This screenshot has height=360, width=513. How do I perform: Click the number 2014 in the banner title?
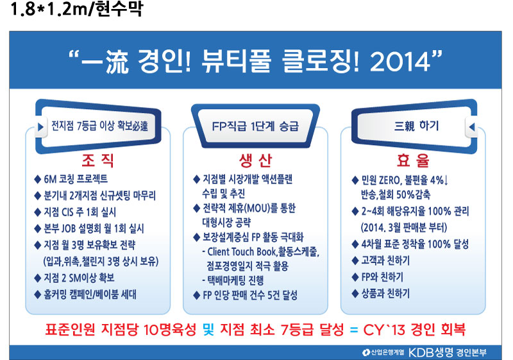pos(400,61)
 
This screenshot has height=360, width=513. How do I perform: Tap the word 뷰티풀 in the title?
pos(236,61)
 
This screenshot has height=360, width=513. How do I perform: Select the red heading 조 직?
pos(98,160)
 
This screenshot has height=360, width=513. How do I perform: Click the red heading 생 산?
pos(255,160)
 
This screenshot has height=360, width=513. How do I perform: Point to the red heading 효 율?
pos(413,160)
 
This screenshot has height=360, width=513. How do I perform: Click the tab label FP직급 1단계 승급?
pos(255,126)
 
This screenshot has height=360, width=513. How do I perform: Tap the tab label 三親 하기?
pos(416,125)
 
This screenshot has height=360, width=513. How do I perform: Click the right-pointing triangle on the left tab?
pos(40,126)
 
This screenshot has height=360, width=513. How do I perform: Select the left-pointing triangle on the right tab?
pos(472,126)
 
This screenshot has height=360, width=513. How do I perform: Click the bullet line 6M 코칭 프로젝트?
pos(76,178)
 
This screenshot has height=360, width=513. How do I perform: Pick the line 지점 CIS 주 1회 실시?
pos(80,212)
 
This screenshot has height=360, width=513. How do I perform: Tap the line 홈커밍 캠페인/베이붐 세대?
pos(90,294)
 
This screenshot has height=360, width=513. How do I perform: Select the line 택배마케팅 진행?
pos(235,280)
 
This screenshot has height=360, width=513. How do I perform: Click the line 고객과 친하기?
pos(385,261)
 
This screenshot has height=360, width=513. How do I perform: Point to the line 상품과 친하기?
pos(385,293)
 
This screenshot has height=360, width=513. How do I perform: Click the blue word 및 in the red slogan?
pos(208,329)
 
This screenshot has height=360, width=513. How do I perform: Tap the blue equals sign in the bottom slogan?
pos(354,330)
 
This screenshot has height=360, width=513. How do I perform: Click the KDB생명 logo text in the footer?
pos(430,352)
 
